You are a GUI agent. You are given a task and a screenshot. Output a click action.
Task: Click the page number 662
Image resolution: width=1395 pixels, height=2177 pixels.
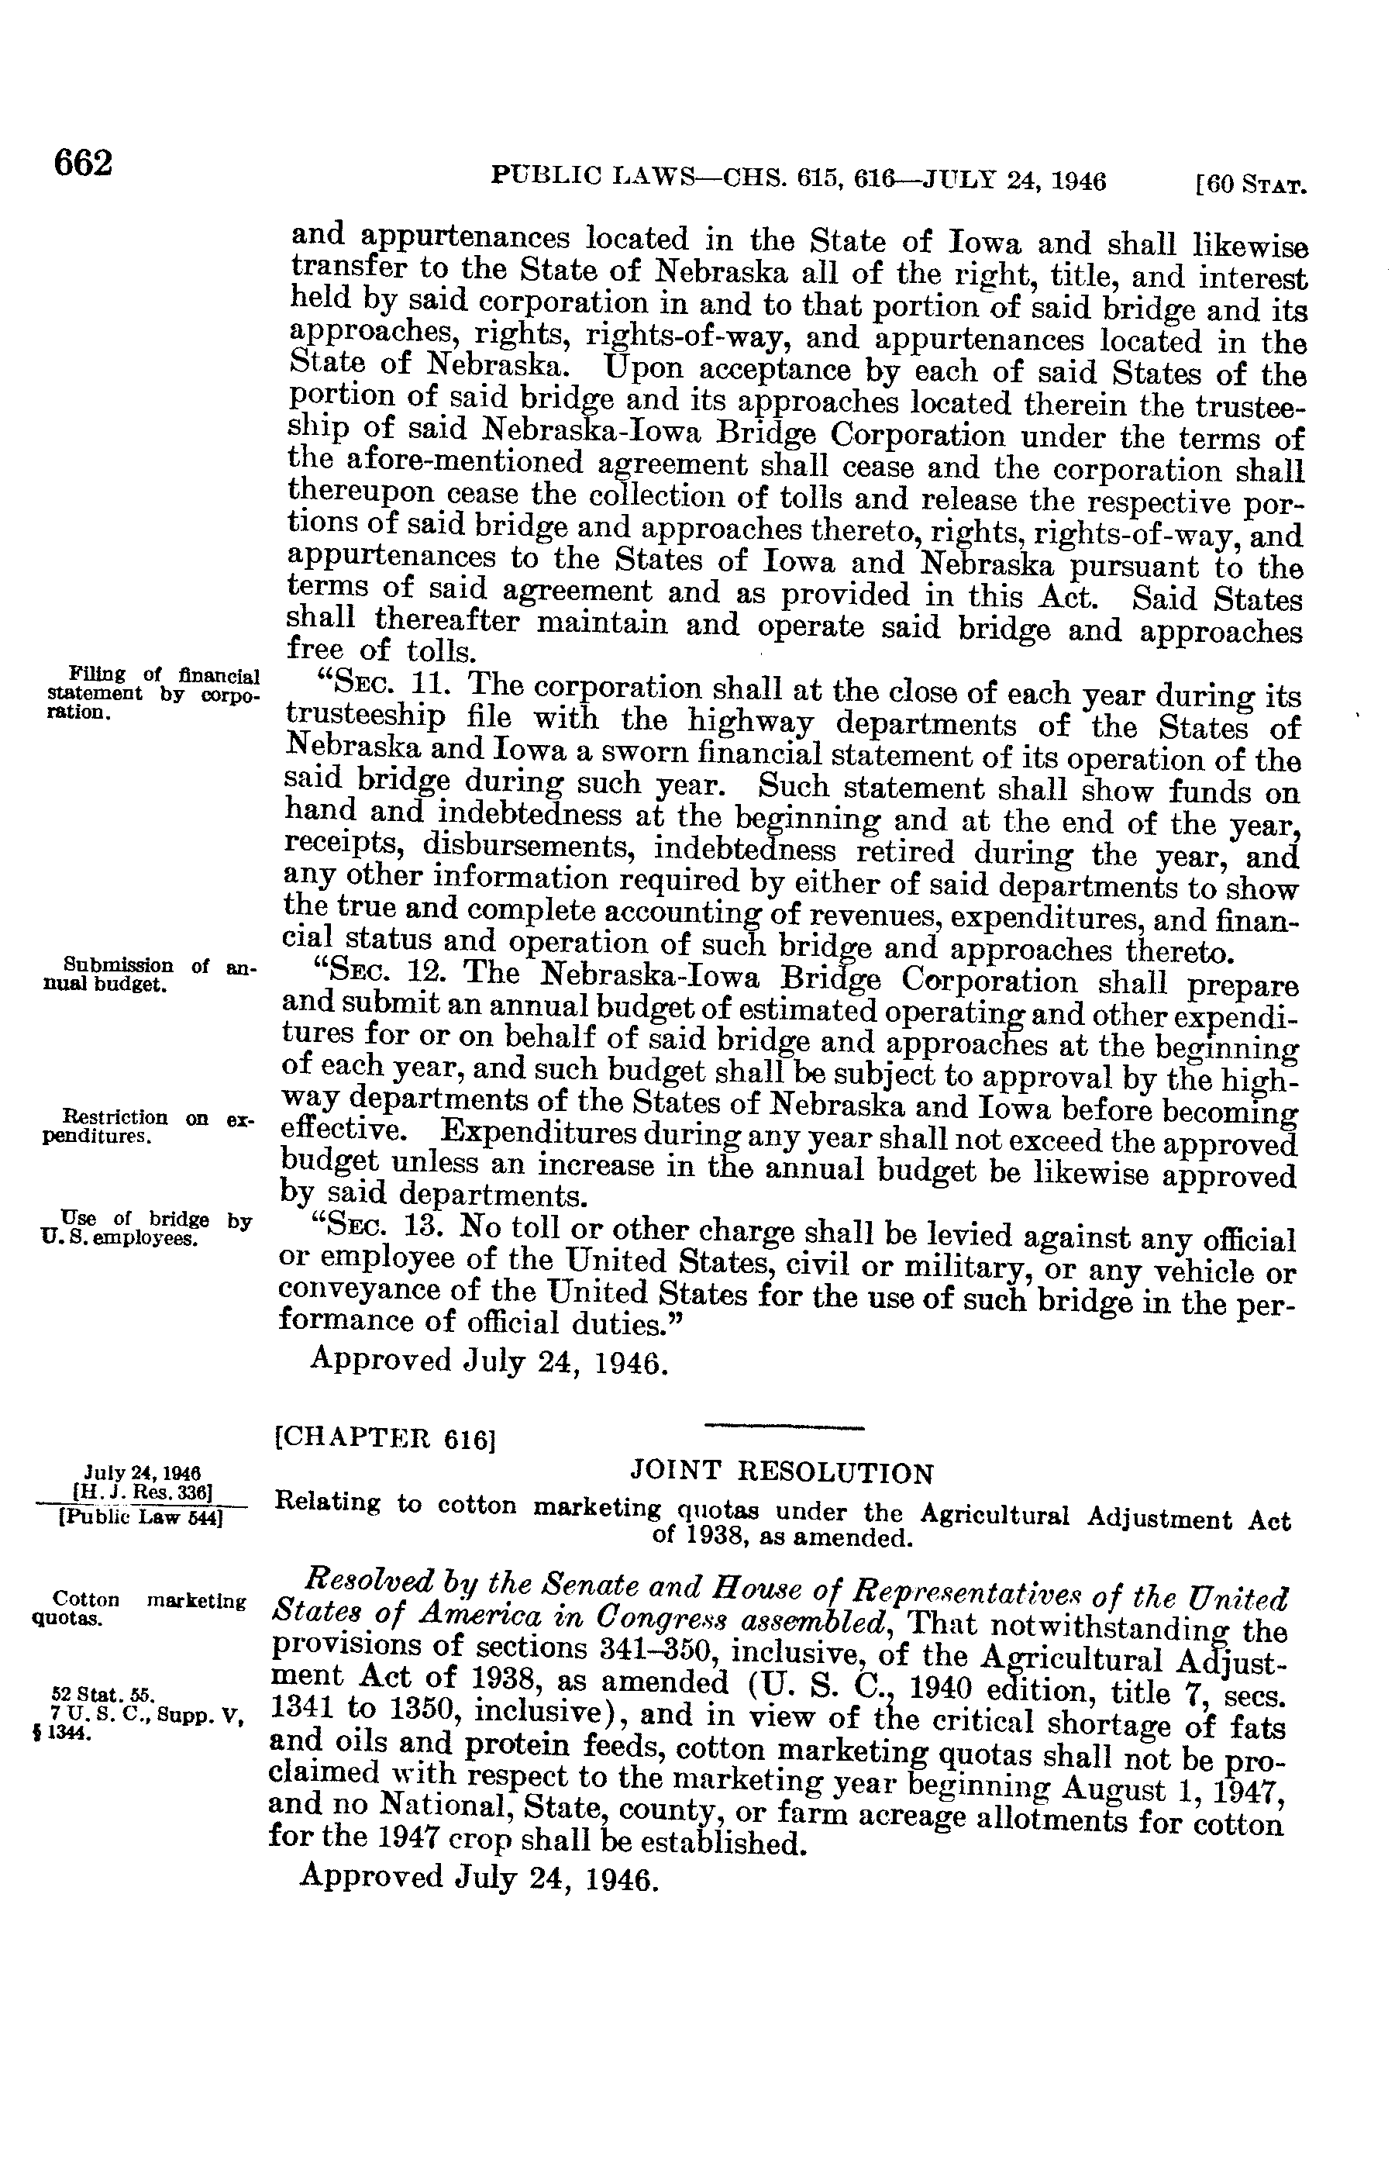coord(84,164)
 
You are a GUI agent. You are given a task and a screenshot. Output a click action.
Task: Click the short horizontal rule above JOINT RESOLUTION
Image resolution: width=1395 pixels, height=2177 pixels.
coord(784,1429)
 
